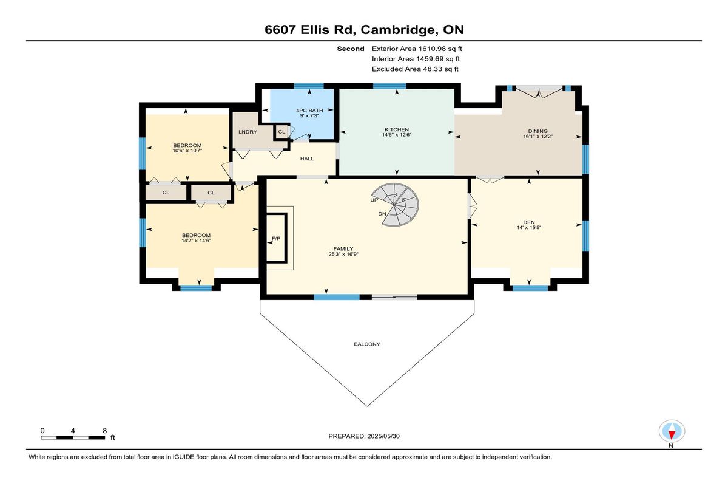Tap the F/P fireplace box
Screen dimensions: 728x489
coord(277,238)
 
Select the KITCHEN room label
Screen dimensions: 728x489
coord(397,129)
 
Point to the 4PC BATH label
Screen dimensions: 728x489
coord(309,111)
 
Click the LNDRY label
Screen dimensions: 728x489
coord(248,132)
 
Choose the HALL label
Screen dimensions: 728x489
coord(307,159)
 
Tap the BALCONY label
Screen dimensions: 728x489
coord(367,344)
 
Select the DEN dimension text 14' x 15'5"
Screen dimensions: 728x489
coord(529,227)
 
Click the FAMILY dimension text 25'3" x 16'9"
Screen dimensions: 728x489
coord(343,254)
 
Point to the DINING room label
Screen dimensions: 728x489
coord(538,131)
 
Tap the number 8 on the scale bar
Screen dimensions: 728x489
coord(104,431)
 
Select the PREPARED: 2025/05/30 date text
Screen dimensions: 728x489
coord(364,436)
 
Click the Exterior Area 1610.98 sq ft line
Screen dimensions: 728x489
coord(417,49)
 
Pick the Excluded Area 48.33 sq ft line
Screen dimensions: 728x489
coord(415,69)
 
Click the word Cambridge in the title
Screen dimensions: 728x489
coord(398,30)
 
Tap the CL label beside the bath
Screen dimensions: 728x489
coord(281,132)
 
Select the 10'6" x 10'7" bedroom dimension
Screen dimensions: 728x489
coord(187,151)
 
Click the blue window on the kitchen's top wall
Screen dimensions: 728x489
coord(389,86)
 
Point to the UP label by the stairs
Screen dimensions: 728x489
coord(374,200)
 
